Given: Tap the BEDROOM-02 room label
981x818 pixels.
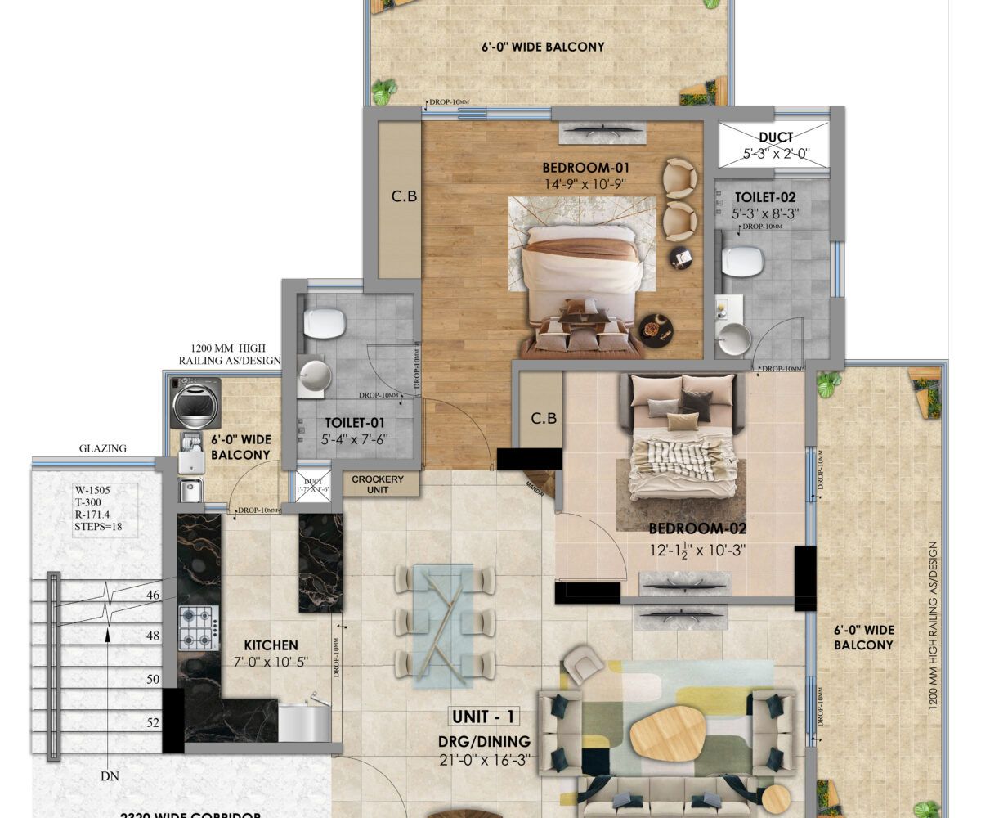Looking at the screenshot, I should point(697,528).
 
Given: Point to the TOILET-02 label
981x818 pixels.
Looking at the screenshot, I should point(764,197).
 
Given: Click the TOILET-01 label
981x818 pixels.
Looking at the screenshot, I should point(354,423).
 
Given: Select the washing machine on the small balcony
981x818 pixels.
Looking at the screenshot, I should point(195,402).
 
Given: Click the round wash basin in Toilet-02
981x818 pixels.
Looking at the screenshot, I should point(734,339).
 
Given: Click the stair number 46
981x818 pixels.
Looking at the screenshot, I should point(152,596).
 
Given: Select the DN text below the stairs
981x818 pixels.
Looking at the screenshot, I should point(108,775).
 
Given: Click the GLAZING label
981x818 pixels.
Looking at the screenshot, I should point(103,448).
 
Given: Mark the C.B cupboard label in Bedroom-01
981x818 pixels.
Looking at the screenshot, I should point(398,196).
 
